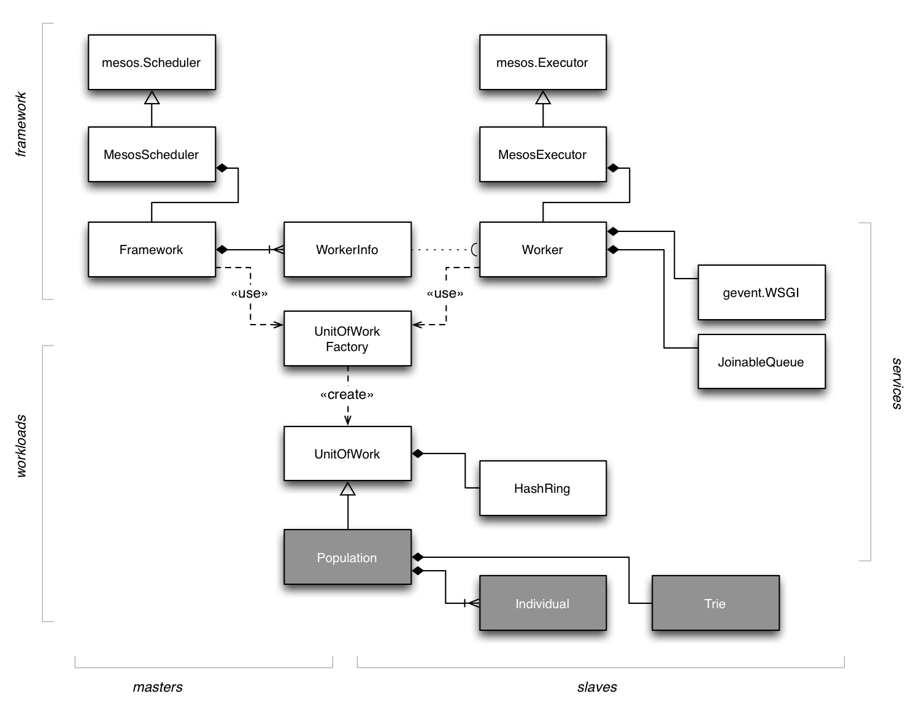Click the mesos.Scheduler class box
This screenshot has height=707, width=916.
[152, 63]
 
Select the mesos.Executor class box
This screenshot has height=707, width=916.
[542, 63]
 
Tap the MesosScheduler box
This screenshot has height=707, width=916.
[152, 155]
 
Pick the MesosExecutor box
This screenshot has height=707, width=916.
[542, 155]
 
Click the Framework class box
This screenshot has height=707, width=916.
[152, 250]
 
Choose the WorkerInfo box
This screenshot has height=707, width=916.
[347, 250]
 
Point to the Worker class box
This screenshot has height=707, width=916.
[542, 250]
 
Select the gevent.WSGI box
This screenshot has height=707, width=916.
[761, 293]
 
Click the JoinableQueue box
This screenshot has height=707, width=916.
[761, 362]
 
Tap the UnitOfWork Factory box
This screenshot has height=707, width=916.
[347, 339]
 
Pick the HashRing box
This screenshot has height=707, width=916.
[542, 489]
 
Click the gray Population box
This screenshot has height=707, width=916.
[347, 557]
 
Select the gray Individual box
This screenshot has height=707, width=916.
[542, 603]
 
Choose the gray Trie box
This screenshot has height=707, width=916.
[715, 603]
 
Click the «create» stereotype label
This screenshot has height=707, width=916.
[347, 395]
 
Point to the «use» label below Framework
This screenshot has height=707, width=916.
[249, 293]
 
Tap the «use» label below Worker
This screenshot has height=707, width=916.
[445, 293]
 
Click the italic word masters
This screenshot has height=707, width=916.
[158, 687]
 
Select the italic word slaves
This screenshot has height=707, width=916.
[597, 687]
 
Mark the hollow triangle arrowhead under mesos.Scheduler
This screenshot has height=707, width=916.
[152, 98]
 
